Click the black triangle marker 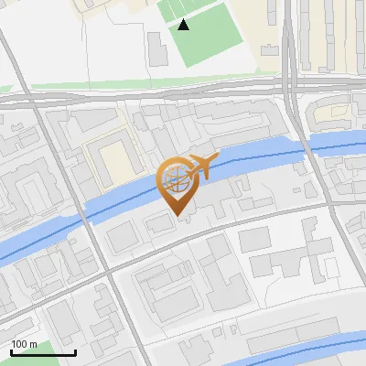pyautogui.click(x=184, y=25)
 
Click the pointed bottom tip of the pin pyautogui.click(x=178, y=216)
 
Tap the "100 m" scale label pyautogui.click(x=25, y=344)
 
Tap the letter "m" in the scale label pyautogui.click(x=33, y=344)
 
